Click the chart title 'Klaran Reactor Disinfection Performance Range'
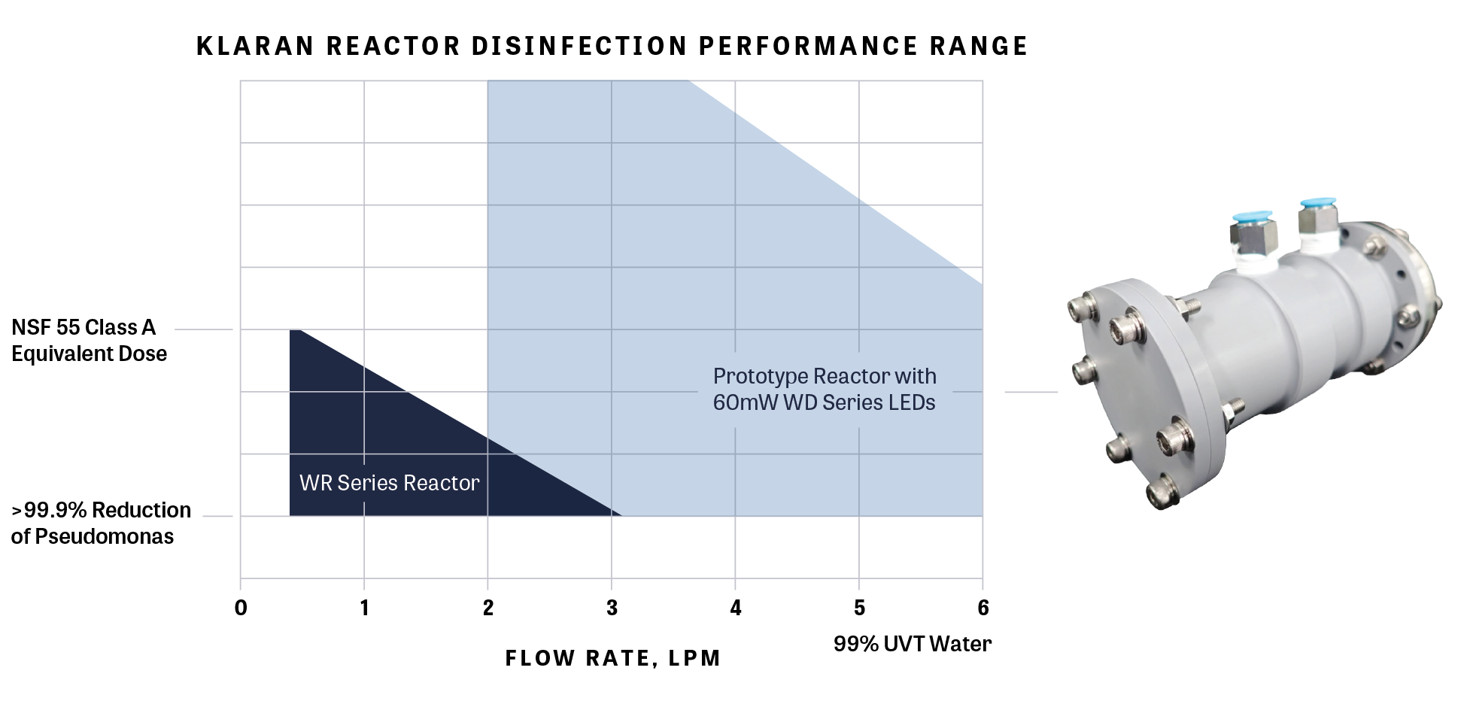(612, 47)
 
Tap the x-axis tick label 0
(241, 608)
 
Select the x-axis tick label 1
(364, 608)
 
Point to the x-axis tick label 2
(488, 608)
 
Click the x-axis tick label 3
(612, 608)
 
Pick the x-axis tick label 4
(736, 608)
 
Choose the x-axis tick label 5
(859, 608)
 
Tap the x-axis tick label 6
(983, 608)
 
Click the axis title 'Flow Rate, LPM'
(612, 659)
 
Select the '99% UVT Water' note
(913, 644)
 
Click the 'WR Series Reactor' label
(389, 483)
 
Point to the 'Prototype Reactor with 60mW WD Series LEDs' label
(825, 390)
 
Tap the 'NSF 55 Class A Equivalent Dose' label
(89, 341)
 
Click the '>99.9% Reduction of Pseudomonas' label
(101, 523)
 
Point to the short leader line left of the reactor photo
(1031, 392)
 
